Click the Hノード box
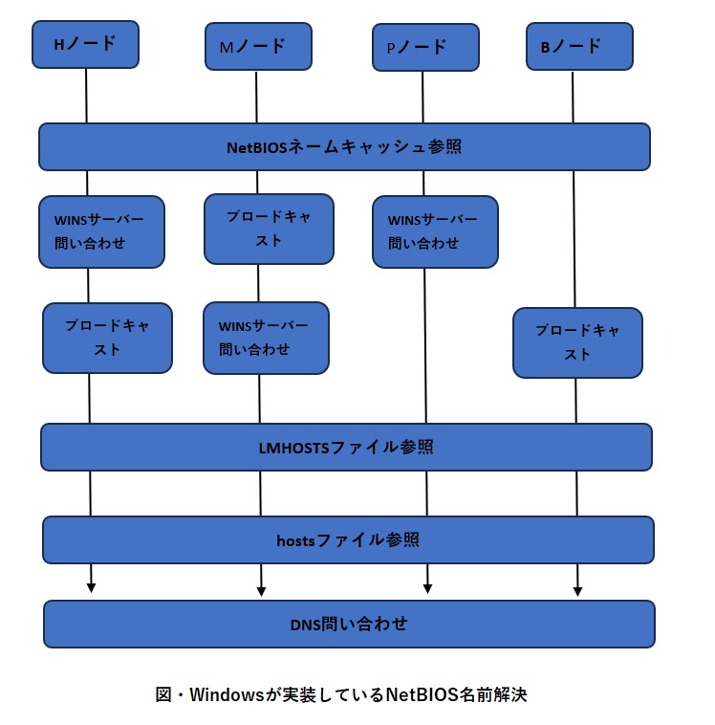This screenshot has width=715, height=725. [86, 44]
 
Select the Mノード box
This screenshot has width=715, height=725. [258, 46]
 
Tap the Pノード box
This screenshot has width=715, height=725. [424, 47]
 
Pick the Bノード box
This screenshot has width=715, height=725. [579, 45]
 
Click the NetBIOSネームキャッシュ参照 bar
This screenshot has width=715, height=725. [344, 146]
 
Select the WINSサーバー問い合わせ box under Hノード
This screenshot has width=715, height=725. [101, 231]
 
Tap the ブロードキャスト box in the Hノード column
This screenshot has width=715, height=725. [107, 338]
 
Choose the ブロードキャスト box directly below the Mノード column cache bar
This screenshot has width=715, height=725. [269, 229]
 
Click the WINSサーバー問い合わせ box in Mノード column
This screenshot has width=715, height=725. [266, 338]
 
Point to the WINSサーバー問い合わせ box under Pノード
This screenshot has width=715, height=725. [435, 231]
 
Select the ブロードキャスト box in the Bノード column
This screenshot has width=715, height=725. [577, 342]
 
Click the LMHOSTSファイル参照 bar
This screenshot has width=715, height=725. [346, 447]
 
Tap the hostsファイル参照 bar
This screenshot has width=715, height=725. [348, 539]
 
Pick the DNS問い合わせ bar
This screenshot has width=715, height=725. [349, 624]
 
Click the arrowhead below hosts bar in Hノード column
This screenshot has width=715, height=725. [92, 586]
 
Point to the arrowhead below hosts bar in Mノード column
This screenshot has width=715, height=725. [261, 587]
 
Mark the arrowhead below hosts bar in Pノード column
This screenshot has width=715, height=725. [427, 587]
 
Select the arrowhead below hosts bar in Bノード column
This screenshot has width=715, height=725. [577, 587]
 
